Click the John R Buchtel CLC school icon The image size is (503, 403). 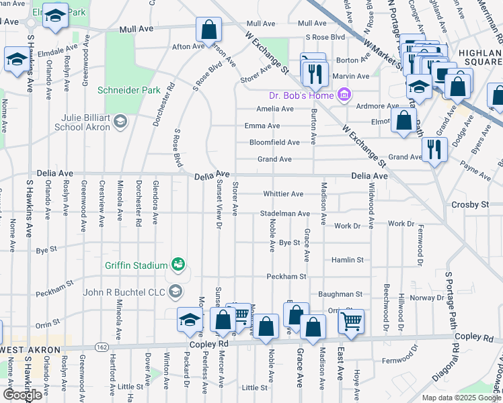pos(176,291)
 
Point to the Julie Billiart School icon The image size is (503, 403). pos(120,121)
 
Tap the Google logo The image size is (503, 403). pos(22,395)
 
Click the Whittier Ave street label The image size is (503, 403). pos(283,194)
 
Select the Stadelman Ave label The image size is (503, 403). pos(284,214)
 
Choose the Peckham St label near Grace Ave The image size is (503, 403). pos(286,276)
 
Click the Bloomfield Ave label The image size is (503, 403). pos(274,142)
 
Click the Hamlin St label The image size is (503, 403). pos(347,259)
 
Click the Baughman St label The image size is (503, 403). pos(341,294)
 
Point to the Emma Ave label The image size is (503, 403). pos(262,126)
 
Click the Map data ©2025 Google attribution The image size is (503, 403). pos(461,398)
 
